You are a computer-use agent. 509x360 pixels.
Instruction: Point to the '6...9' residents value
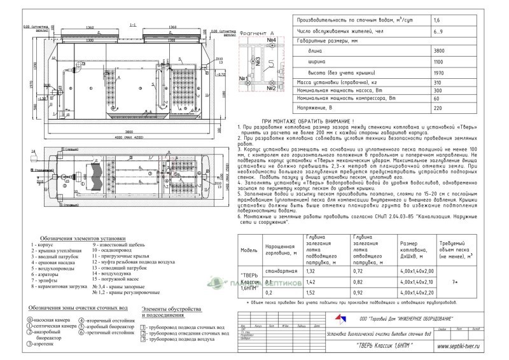pyautogui.click(x=439, y=31)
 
